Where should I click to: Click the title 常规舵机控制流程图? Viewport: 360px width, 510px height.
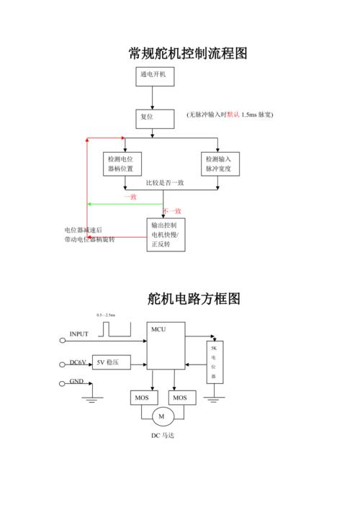point(188,54)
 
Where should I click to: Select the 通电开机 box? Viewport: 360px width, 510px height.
point(153,76)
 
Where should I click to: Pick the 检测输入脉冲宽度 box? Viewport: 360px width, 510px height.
point(220,164)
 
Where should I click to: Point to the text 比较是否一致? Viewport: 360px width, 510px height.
point(165,183)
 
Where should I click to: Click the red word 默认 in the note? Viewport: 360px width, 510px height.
point(233,115)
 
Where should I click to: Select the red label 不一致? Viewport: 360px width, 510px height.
point(172,210)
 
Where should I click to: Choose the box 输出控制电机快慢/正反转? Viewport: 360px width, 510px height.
point(166,235)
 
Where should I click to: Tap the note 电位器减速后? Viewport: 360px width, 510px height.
point(84,230)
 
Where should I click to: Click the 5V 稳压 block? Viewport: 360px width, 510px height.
point(110,362)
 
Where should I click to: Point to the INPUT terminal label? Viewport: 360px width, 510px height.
point(78,334)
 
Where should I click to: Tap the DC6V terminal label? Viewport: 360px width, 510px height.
point(77,362)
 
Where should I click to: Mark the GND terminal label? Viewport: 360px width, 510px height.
point(76,382)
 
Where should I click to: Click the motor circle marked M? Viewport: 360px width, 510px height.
point(161,416)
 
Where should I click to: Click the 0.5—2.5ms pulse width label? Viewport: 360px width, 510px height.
point(106,316)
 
